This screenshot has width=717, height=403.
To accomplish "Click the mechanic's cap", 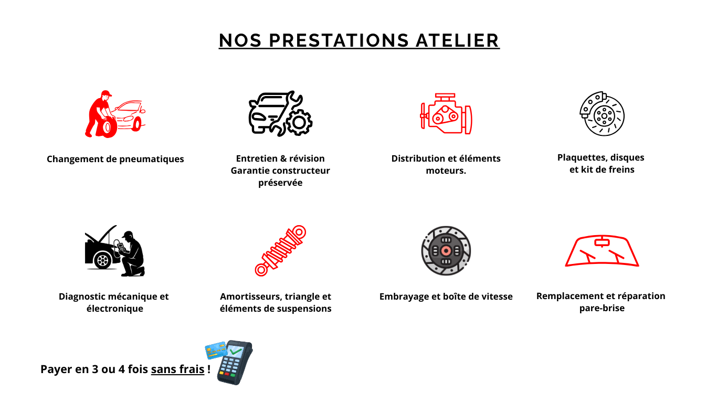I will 106,94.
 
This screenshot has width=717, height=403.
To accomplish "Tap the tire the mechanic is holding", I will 109,128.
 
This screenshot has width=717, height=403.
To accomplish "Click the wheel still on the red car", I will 136,124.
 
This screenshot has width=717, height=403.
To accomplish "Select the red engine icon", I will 446,114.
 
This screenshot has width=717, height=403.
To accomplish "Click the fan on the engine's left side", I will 423,115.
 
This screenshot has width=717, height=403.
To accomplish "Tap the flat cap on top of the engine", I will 445,96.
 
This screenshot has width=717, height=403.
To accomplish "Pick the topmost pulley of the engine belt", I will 445,109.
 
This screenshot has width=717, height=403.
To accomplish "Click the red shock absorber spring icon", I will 280,251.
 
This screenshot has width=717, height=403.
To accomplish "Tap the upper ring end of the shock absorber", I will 299,231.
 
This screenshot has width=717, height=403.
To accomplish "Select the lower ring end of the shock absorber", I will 260,270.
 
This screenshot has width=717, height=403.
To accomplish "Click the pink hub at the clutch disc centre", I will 446,251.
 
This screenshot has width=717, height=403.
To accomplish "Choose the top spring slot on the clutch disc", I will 446,240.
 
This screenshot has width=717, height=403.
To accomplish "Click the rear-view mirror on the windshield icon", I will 602,242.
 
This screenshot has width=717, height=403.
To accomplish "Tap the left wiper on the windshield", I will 587,255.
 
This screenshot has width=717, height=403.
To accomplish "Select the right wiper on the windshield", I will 616,255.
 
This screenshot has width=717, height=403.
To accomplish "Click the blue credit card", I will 215,350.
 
